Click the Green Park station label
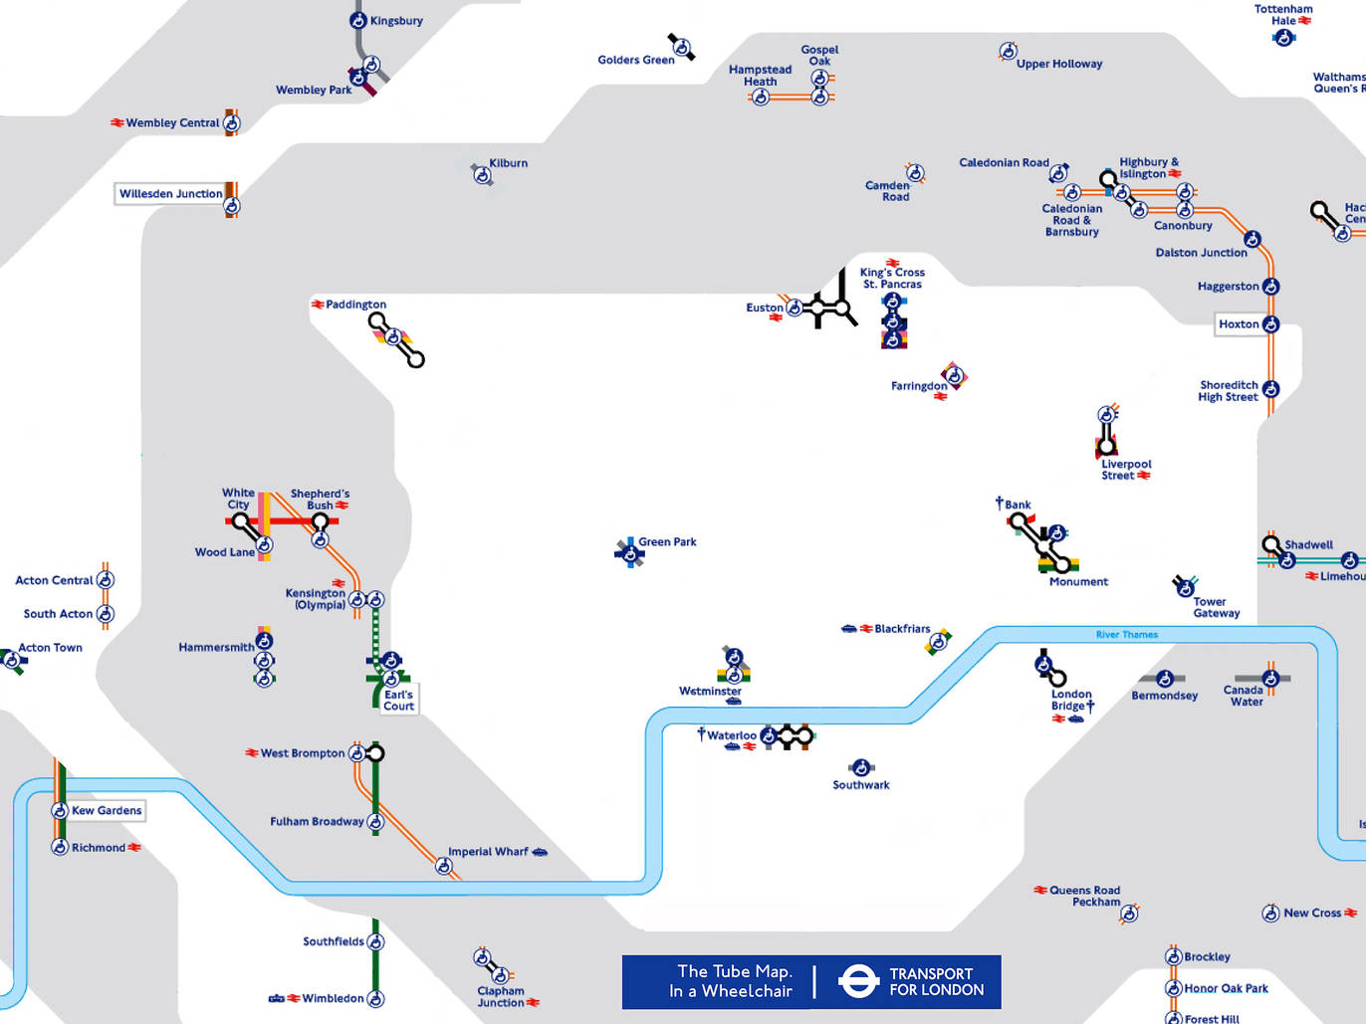tap(667, 542)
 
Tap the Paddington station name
tap(355, 305)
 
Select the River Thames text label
tap(1126, 635)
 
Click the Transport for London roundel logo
tap(857, 981)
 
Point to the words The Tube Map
tap(735, 971)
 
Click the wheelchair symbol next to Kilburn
tap(483, 176)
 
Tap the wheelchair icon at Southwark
tap(861, 767)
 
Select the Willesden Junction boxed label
tap(170, 194)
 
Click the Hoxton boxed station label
tap(1239, 324)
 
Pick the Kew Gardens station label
tap(107, 811)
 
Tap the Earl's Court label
tap(398, 701)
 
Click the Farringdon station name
tap(919, 386)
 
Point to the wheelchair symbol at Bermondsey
tap(1164, 679)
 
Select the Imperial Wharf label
tap(488, 852)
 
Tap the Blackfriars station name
tap(902, 629)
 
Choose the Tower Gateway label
tap(1217, 607)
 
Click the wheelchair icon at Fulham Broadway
tap(375, 822)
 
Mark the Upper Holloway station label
tap(1059, 64)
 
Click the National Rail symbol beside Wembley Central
tap(116, 123)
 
